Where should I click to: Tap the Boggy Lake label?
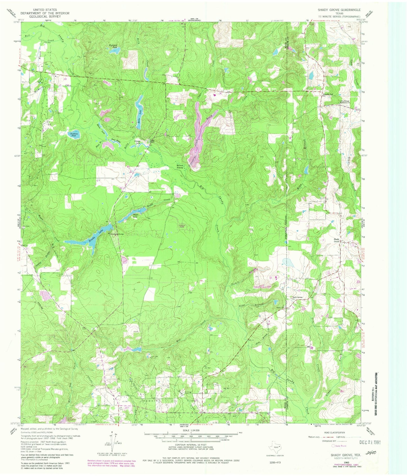coord(135,216)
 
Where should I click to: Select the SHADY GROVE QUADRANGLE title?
coord(339,10)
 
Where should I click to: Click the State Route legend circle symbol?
coord(333,446)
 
